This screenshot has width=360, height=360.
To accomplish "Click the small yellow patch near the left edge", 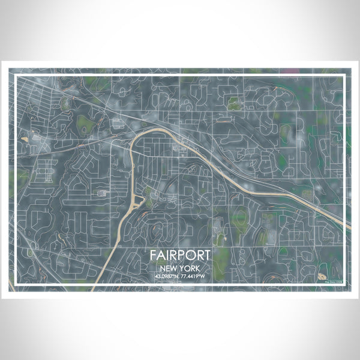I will coord(25,140).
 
